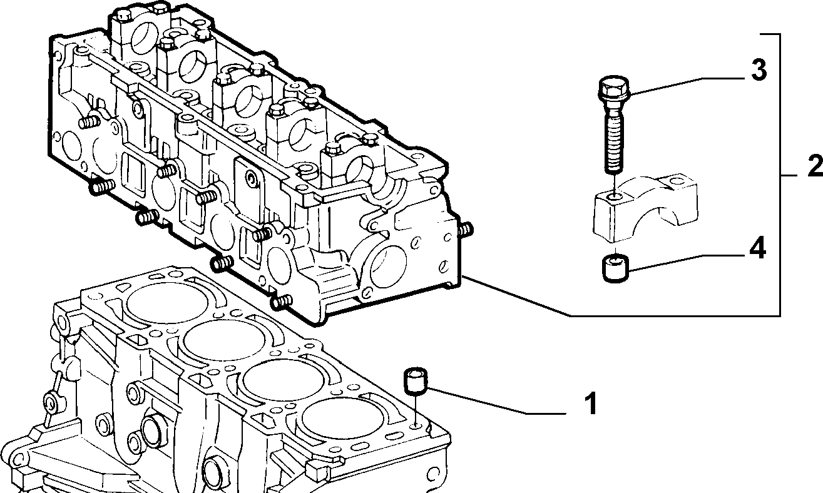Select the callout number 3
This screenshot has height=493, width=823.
[x=759, y=70]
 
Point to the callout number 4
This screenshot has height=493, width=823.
[x=757, y=248]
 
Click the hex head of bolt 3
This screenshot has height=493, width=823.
[x=613, y=89]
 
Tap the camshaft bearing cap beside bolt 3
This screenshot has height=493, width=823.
[x=645, y=209]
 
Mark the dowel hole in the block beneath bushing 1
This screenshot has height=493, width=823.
[x=416, y=426]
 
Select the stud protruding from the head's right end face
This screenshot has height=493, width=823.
[x=466, y=230]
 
